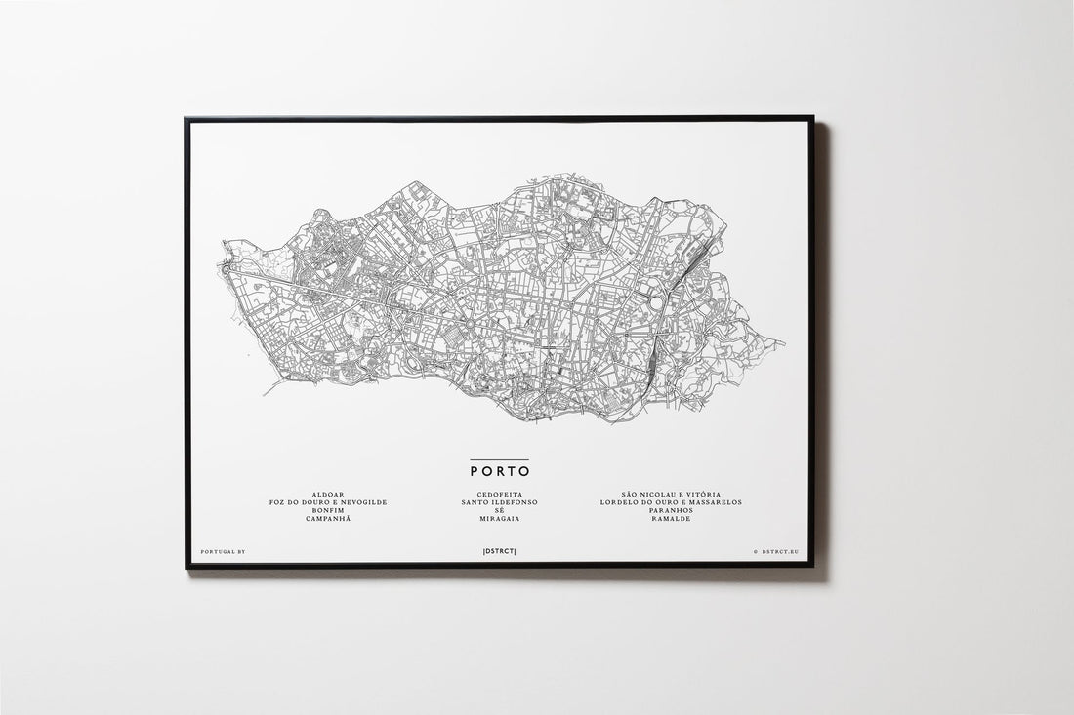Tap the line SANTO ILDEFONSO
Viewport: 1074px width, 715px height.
[499, 502]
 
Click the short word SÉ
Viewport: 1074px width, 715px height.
[499, 510]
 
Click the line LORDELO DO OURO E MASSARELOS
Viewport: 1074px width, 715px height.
[673, 502]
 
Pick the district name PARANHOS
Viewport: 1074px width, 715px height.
[673, 510]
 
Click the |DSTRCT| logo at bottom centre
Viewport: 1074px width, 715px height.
[499, 552]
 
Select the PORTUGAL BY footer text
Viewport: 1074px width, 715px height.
[223, 552]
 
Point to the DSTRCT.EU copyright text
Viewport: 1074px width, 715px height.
[776, 552]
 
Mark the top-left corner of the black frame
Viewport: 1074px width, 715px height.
[186, 119]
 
